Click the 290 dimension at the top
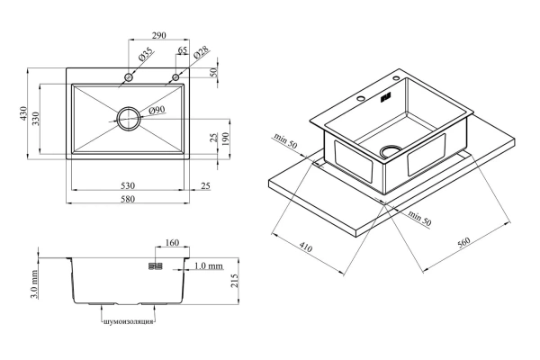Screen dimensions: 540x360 coord(158,35)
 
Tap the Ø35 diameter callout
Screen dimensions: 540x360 coord(146,54)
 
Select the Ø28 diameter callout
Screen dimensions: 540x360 coord(201,53)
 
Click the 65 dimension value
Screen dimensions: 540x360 coord(183,50)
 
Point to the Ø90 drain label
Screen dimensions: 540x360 coord(157,110)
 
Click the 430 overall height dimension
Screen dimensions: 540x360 coord(23,113)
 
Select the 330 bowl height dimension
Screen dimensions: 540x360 coord(36,118)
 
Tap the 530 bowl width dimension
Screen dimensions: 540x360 coord(128,185)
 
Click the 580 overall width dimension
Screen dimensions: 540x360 coord(128,199)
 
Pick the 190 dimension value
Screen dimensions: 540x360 coord(225,139)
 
